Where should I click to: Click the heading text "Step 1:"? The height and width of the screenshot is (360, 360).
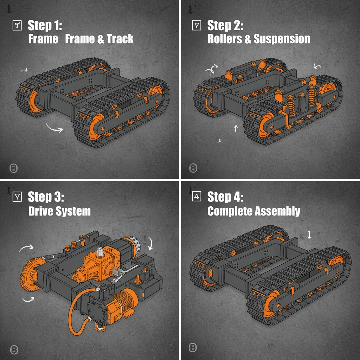(x=45, y=25)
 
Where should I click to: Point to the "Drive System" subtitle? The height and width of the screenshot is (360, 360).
(x=59, y=211)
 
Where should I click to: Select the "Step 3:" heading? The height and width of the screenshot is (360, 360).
(x=46, y=197)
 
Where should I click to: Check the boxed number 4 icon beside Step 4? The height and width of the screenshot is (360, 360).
(x=197, y=197)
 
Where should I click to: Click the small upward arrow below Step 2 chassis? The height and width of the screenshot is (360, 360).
(x=236, y=128)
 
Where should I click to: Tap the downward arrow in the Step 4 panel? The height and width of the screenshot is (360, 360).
(x=309, y=234)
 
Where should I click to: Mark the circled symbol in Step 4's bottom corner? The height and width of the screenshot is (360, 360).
(x=193, y=348)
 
